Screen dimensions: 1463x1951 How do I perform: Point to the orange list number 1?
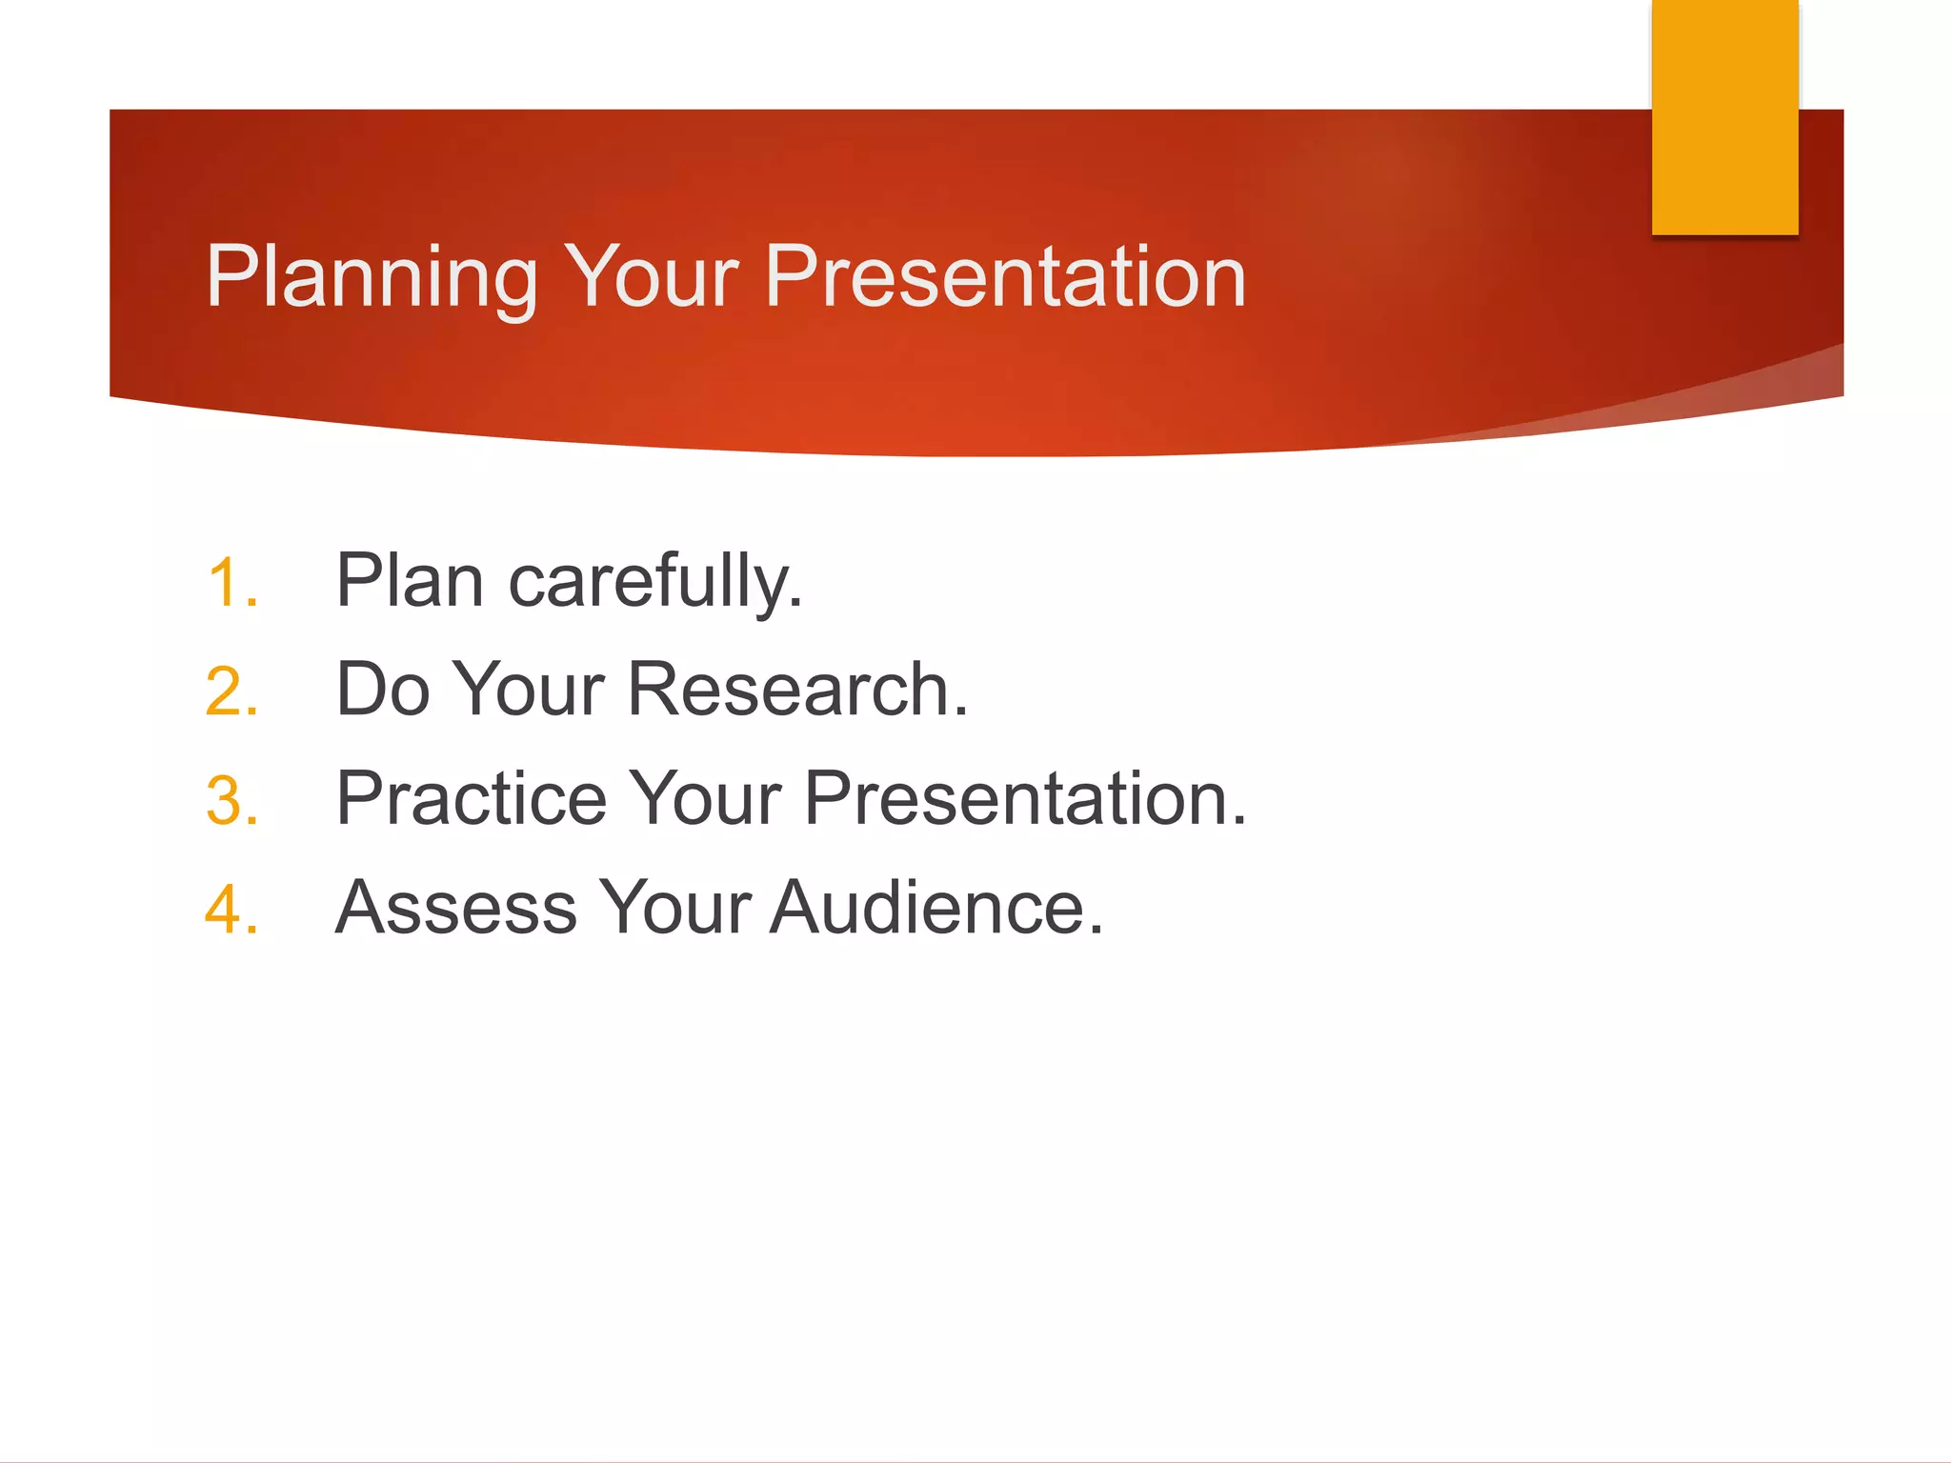pos(231,583)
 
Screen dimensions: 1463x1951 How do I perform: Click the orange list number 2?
pos(231,691)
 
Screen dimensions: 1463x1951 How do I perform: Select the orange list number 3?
pos(231,800)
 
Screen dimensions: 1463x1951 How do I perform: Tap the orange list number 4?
pos(231,909)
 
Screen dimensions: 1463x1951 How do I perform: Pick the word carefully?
pos(655,583)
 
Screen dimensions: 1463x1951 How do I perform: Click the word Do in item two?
pos(383,690)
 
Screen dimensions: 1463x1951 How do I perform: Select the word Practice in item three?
pos(472,798)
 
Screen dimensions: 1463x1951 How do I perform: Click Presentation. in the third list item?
pos(1025,798)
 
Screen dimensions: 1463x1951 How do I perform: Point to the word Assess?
pos(456,908)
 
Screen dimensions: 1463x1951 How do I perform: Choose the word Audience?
pos(935,908)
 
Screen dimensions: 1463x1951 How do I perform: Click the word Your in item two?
pos(529,690)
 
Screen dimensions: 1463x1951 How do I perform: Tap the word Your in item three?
pos(705,798)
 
